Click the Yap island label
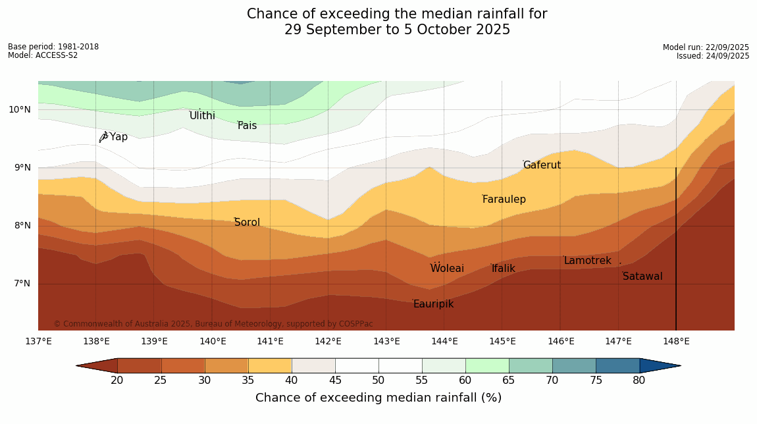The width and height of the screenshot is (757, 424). [x=118, y=137]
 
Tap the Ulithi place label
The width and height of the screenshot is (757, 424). [x=202, y=116]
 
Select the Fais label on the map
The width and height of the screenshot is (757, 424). [x=248, y=126]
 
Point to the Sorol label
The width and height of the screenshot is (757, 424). [x=248, y=223]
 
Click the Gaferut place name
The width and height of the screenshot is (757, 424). [x=542, y=165]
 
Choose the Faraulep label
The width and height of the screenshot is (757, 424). [x=504, y=199]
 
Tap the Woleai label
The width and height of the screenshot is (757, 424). [x=447, y=269]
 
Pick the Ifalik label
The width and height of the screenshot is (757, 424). [x=504, y=269]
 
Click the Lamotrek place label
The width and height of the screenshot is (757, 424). [x=587, y=261]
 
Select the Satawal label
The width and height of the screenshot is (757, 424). [x=642, y=277]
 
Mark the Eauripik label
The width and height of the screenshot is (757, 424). [x=433, y=304]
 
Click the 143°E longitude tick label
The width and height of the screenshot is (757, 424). [x=386, y=341]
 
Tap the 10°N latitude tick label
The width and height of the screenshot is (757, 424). [x=20, y=110]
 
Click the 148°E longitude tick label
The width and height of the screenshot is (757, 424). [x=676, y=341]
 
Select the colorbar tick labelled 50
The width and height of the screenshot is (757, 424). [x=378, y=381]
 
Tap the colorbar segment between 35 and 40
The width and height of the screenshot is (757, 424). [x=269, y=365]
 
